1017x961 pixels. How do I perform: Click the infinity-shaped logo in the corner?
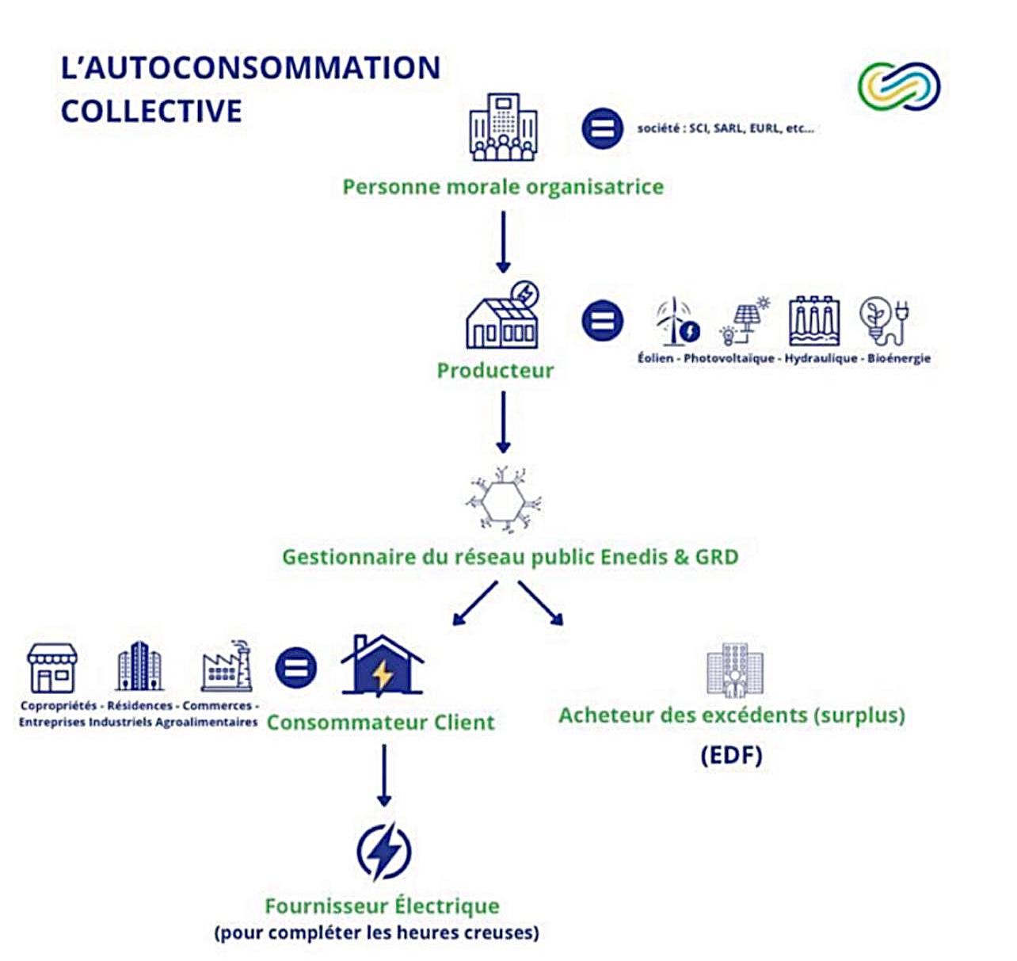click(899, 86)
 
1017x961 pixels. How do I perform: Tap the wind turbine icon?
click(678, 321)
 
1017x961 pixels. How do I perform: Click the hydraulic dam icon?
click(814, 321)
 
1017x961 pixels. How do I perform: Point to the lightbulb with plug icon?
click(885, 321)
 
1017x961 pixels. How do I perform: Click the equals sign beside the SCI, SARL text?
click(602, 128)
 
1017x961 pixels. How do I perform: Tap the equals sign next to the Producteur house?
click(603, 321)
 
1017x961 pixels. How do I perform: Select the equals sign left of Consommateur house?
click(296, 668)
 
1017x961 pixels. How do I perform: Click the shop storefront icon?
click(52, 669)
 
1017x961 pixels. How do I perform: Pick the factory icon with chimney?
click(227, 666)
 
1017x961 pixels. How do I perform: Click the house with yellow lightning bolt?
click(383, 666)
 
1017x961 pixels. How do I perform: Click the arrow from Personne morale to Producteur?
click(504, 242)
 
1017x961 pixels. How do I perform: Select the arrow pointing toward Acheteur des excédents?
click(541, 603)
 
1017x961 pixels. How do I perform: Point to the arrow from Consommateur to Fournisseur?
click(384, 776)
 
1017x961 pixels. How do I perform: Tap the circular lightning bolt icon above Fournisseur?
click(384, 852)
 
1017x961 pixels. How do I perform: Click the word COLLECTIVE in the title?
click(151, 111)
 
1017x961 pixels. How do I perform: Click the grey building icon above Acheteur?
click(735, 669)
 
